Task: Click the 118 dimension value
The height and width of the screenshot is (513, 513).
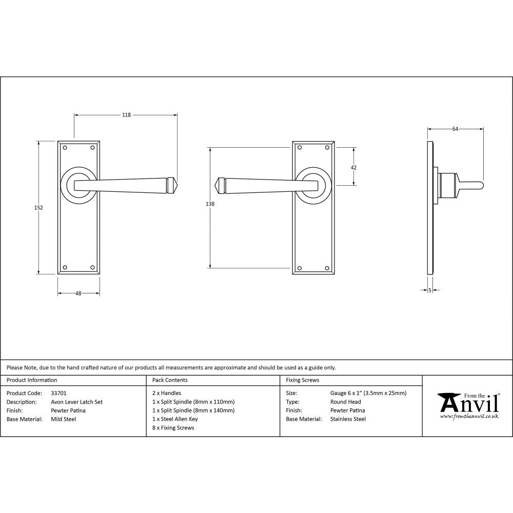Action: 126,115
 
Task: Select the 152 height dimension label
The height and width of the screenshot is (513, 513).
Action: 39,208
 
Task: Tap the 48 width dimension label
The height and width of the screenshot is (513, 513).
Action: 78,294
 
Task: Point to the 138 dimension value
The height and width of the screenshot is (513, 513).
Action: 209,204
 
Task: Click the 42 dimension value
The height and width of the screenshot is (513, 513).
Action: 353,167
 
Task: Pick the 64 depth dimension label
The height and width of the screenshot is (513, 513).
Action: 455,129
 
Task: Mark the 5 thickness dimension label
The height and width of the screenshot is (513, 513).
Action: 429,290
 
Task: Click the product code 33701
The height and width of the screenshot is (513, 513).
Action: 59,393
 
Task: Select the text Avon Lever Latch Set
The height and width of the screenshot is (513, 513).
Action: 76,402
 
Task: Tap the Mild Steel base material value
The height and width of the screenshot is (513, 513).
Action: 63,419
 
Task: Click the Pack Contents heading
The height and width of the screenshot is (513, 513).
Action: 170,380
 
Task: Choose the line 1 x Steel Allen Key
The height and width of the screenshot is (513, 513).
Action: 175,419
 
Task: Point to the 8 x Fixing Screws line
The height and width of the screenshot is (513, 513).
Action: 173,428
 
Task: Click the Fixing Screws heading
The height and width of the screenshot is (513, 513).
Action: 302,380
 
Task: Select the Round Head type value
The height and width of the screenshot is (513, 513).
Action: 345,402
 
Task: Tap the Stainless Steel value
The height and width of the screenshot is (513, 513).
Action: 348,419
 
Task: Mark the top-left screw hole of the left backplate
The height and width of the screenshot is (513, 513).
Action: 65,148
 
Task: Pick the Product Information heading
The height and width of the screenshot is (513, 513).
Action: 32,380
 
